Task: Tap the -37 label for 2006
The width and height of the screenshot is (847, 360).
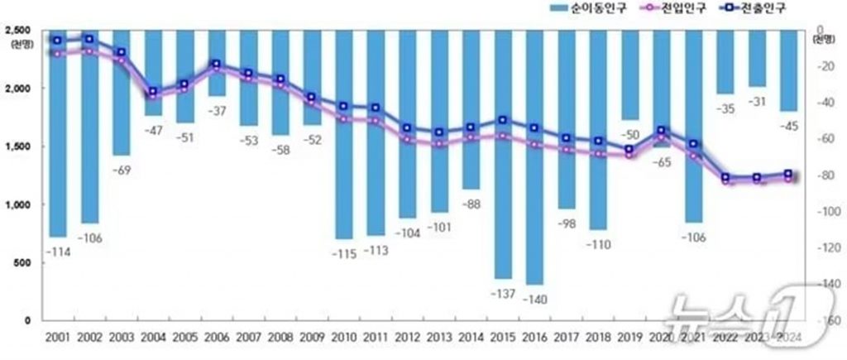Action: (216, 111)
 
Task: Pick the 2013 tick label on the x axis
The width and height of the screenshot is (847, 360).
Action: (438, 337)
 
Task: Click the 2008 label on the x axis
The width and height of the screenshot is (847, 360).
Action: (279, 337)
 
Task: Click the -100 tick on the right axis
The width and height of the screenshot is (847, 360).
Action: (822, 212)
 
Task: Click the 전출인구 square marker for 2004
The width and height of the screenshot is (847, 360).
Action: (153, 92)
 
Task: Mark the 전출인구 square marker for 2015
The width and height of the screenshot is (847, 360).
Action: (502, 121)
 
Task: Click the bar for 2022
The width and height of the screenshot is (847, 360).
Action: (725, 62)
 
